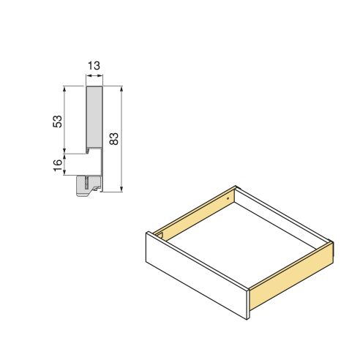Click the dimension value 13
coord(94,67)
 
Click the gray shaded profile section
coord(94,117)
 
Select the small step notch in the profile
coord(91,151)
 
